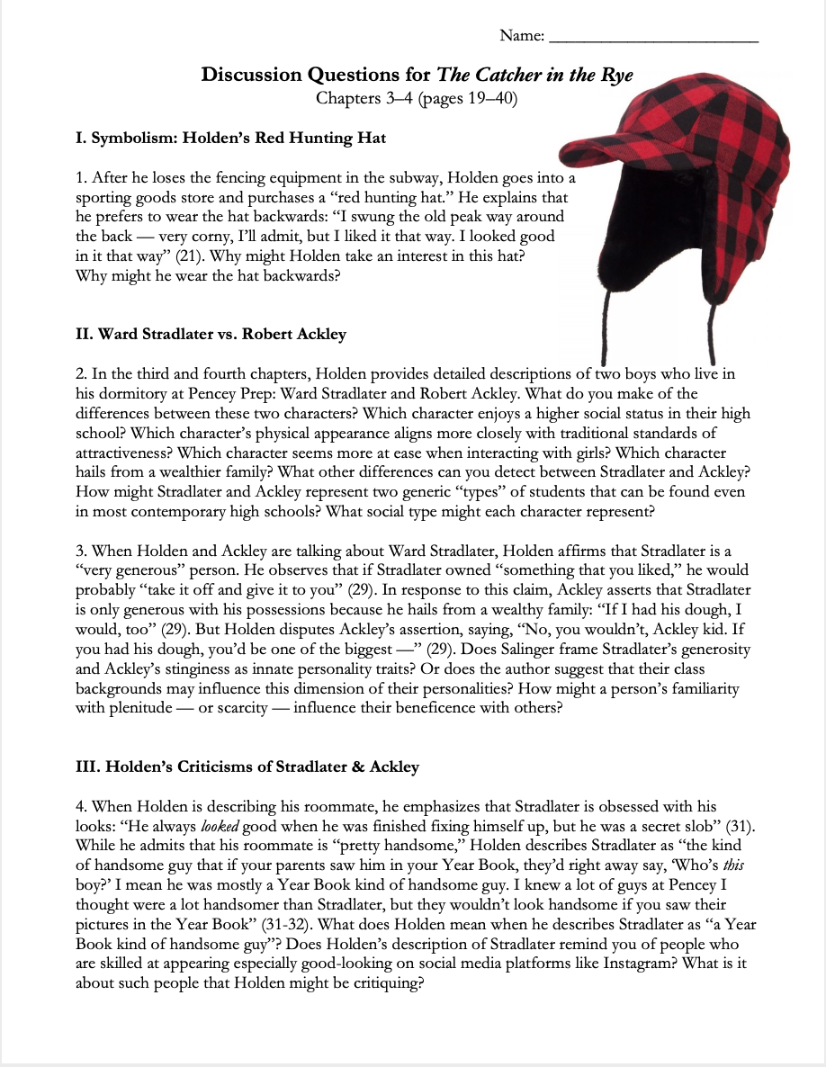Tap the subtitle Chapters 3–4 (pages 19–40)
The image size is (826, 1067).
point(417,98)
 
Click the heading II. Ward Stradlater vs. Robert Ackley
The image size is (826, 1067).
point(211,334)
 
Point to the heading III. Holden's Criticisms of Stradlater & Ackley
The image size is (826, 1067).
point(247,767)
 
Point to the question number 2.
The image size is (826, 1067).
point(81,373)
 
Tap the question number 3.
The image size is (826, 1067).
point(81,551)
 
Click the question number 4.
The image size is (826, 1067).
point(81,807)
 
